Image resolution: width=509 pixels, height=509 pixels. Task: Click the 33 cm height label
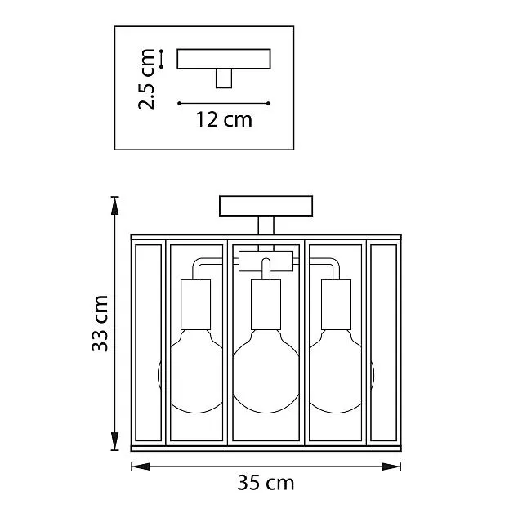point(100,324)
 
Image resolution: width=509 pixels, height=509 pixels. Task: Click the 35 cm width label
point(266,483)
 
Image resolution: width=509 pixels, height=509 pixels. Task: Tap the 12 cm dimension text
point(224,119)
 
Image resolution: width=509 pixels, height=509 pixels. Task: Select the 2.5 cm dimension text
point(146,79)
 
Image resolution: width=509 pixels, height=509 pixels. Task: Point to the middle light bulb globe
point(266,372)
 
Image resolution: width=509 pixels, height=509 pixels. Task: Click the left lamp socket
point(196,305)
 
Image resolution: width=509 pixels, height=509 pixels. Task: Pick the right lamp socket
point(336,305)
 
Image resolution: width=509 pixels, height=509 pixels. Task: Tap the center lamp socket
point(266,305)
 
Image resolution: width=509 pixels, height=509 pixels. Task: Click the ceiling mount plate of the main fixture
point(266,206)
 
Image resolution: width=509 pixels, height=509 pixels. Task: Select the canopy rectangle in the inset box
point(224,59)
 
